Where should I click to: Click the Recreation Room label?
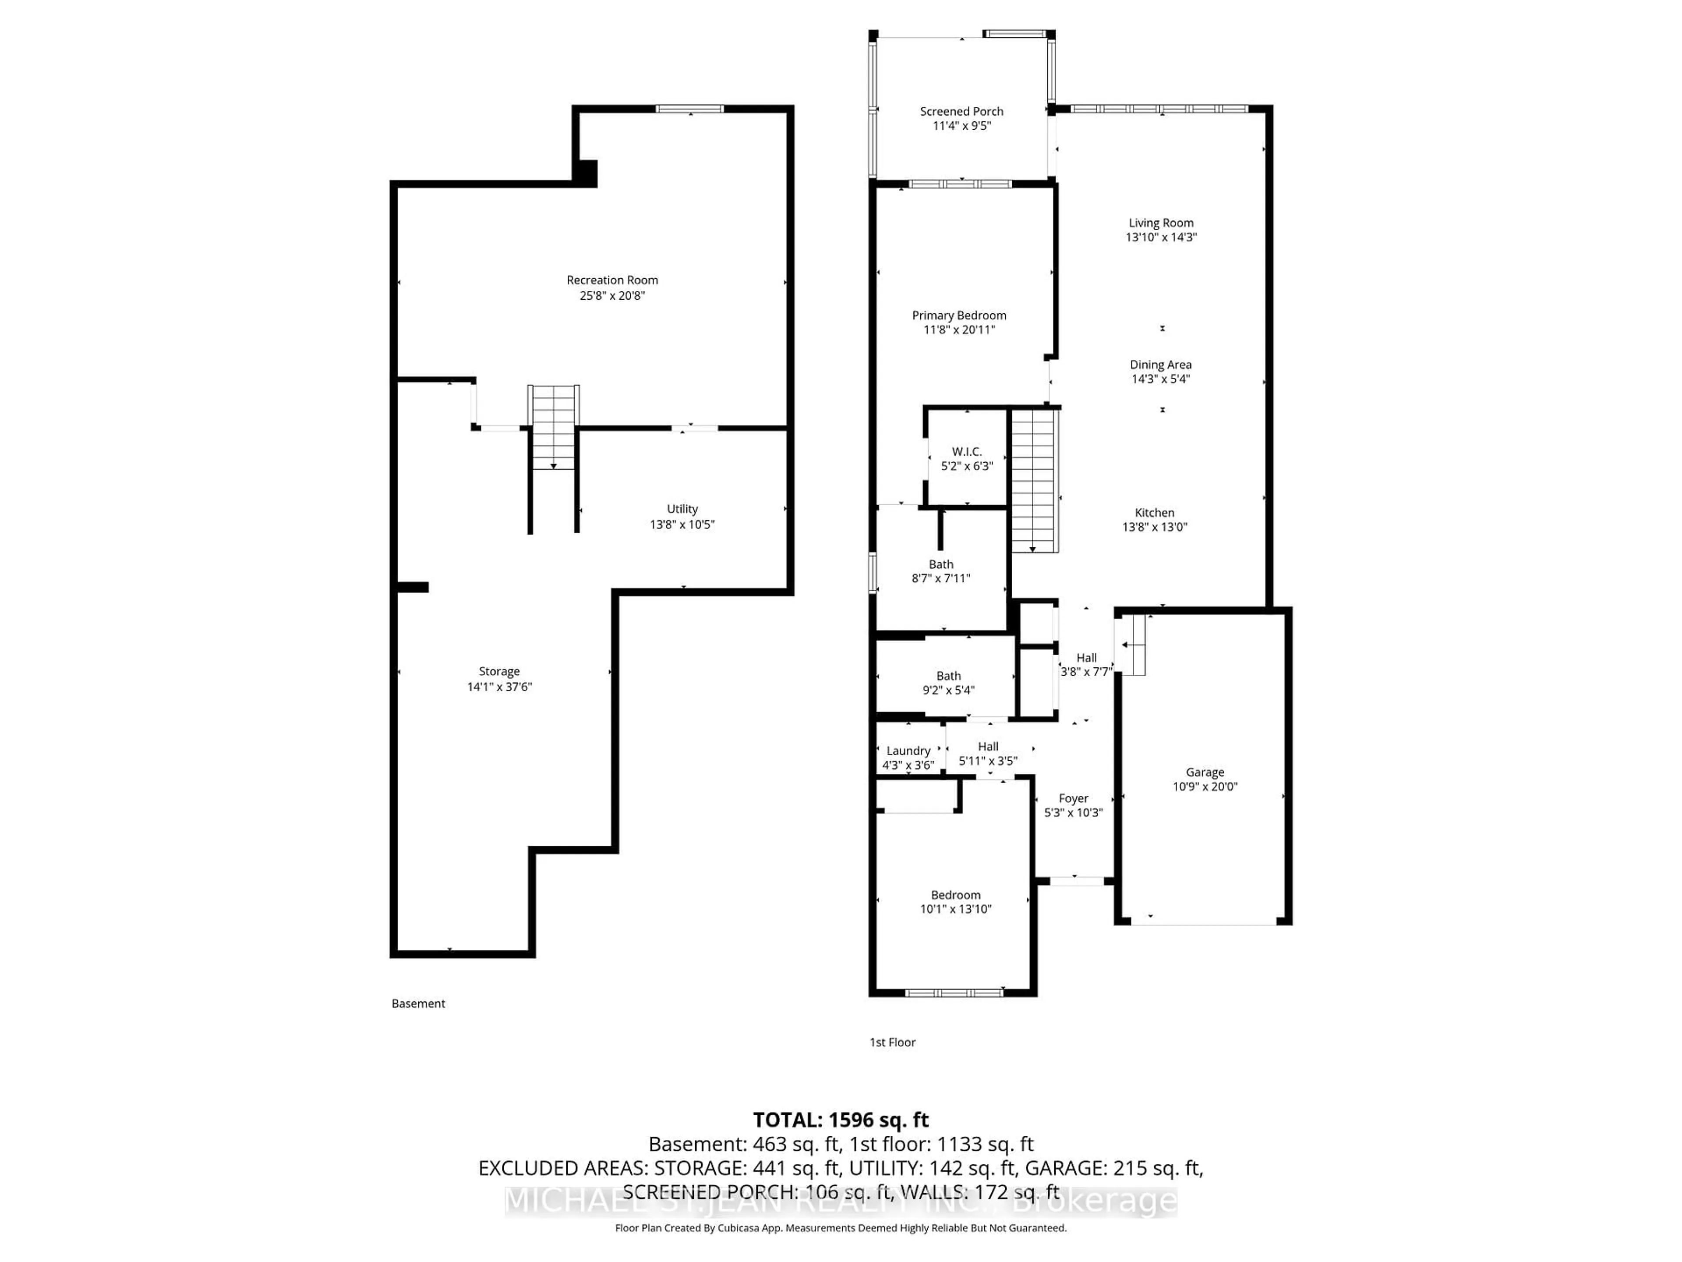612,280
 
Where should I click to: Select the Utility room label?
682,509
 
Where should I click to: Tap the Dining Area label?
1160,365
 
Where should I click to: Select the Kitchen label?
1154,513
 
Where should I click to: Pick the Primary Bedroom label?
959,315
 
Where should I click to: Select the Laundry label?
908,751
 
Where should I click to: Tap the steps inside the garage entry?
1134,645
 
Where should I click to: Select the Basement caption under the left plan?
418,1003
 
